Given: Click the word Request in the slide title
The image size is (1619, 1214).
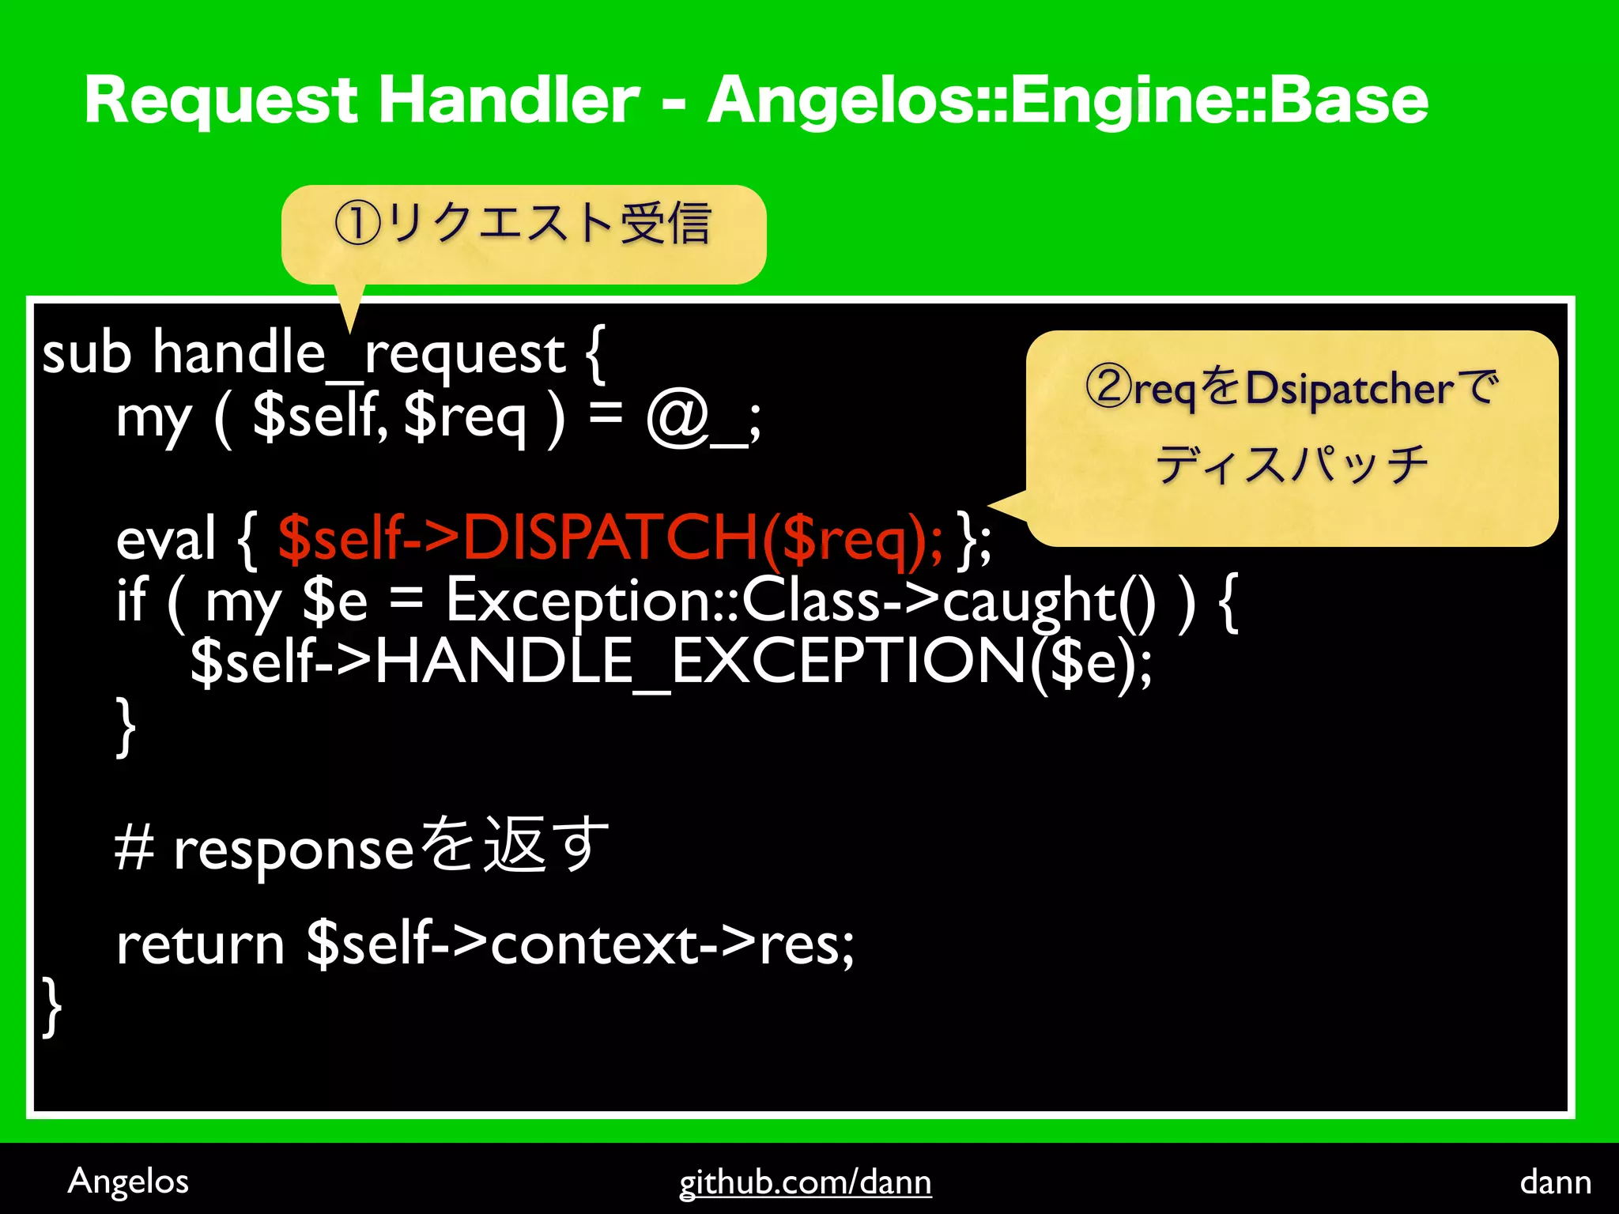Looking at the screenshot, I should [221, 101].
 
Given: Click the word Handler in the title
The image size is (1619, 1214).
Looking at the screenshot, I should [508, 101].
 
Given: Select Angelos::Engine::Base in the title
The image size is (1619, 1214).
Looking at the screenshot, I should [1067, 101].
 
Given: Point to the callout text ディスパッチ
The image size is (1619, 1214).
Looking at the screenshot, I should [1292, 464].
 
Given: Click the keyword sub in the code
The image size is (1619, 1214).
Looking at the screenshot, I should [86, 353].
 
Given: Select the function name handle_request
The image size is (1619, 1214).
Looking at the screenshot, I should [359, 353].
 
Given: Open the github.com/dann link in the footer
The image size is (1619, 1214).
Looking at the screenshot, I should [805, 1182].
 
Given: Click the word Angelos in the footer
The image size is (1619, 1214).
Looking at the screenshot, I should [128, 1182].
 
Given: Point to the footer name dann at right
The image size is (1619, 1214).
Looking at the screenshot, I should [1555, 1182].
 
